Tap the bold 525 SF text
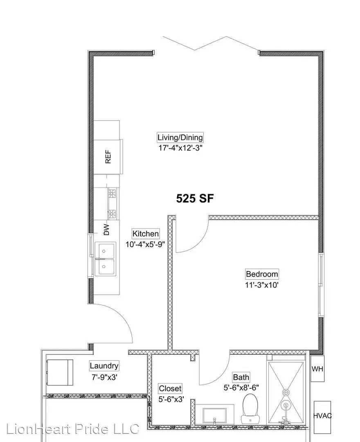[x=195, y=199]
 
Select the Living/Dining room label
[x=180, y=138]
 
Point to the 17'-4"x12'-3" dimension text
[x=180, y=148]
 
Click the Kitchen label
[x=146, y=234]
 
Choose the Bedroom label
[x=262, y=274]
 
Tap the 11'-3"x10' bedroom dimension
[x=262, y=284]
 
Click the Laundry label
[x=104, y=366]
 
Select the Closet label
[x=170, y=388]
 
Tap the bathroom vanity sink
[x=214, y=415]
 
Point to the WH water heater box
[x=317, y=369]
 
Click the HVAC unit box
[x=323, y=416]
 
